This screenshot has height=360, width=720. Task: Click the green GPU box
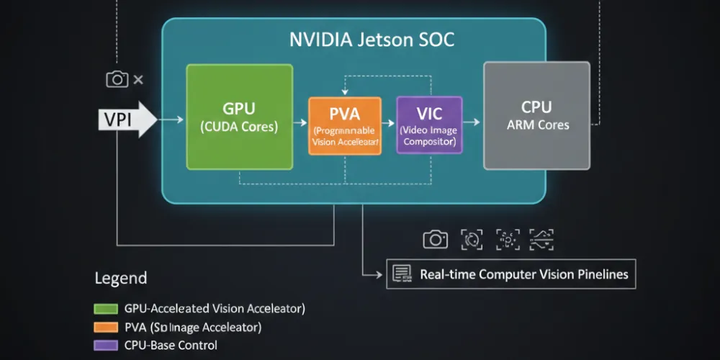(x=240, y=117)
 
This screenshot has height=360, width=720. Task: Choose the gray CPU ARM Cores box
(x=536, y=115)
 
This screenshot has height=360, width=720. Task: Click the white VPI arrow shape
(x=127, y=119)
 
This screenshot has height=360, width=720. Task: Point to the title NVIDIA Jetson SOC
(x=372, y=40)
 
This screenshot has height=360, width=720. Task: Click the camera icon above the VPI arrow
(x=117, y=79)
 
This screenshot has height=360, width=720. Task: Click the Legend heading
(x=121, y=278)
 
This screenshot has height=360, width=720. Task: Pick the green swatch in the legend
(x=105, y=309)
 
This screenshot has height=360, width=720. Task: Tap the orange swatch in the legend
(x=105, y=328)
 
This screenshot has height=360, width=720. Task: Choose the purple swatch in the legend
(x=105, y=346)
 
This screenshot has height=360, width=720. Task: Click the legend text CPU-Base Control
(x=171, y=346)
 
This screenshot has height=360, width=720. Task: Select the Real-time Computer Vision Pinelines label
(x=523, y=274)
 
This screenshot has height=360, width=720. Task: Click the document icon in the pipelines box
(x=401, y=274)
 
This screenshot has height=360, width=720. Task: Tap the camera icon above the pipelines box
(x=435, y=240)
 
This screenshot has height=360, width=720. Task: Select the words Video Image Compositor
(x=429, y=136)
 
